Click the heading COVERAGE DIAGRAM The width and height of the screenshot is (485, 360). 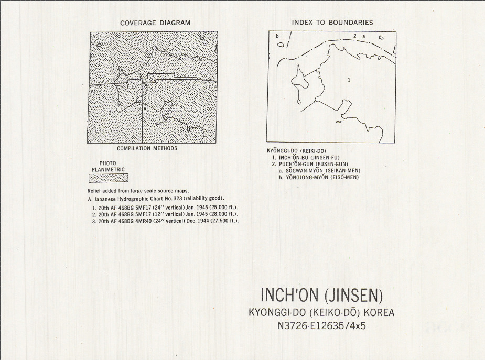[x=155, y=23]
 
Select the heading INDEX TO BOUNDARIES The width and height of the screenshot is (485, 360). [x=332, y=23]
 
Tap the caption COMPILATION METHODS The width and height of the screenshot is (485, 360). [x=147, y=148]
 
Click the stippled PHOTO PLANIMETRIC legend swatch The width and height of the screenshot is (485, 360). [x=109, y=178]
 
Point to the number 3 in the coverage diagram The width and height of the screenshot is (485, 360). [x=180, y=107]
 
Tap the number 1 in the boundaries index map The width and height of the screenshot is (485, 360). [x=349, y=80]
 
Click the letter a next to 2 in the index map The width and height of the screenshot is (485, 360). [x=363, y=36]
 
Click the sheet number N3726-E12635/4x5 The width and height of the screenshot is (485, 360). [x=321, y=326]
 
